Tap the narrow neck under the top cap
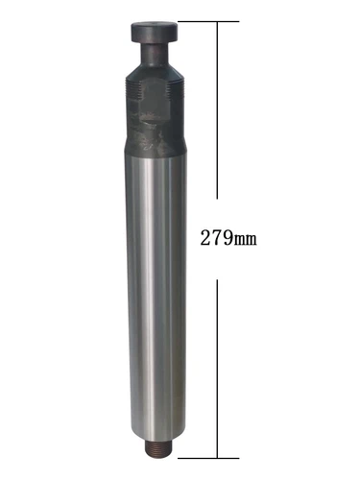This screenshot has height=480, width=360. point(153,44)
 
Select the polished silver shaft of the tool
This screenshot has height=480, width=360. point(154,288)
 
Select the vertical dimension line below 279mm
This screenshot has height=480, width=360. point(221,365)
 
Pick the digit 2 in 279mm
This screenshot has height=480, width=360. point(203,236)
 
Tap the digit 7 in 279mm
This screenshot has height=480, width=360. point(214,236)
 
